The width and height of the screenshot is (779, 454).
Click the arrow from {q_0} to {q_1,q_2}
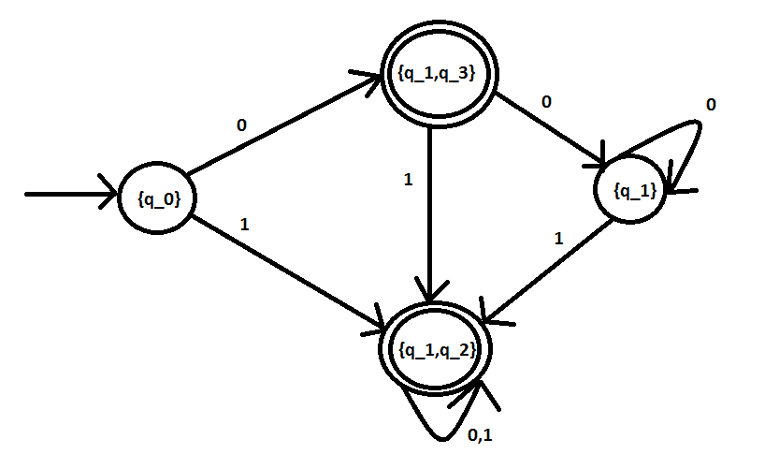[288, 272]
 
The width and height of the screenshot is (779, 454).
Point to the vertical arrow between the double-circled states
[430, 214]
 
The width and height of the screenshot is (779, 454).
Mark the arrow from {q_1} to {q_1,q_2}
[548, 271]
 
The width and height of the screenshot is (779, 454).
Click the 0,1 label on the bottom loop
[480, 435]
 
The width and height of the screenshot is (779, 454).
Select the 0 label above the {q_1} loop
[711, 105]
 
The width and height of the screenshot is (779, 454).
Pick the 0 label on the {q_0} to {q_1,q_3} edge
[241, 125]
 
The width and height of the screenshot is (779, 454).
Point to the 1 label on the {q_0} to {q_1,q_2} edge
[244, 225]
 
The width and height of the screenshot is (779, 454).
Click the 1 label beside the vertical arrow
[409, 180]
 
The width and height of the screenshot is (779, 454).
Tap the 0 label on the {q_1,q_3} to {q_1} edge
[546, 102]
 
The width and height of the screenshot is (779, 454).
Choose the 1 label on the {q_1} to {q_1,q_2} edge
[559, 239]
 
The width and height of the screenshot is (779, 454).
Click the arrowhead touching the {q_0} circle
[109, 193]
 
